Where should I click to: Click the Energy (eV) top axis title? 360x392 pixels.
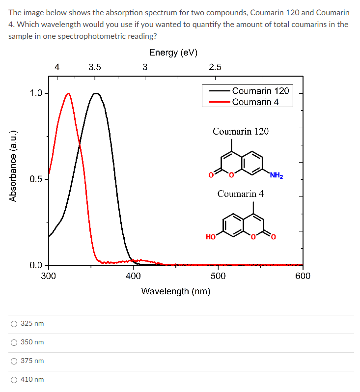[173, 53]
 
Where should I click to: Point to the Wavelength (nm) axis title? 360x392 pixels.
[176, 291]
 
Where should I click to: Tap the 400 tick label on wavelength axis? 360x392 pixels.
[133, 276]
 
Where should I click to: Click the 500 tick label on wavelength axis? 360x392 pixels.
[218, 276]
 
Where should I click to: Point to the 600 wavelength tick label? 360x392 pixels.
[303, 276]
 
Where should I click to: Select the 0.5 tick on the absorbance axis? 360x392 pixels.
[35, 179]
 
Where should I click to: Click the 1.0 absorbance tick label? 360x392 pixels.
[35, 93]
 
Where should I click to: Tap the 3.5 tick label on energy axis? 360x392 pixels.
[95, 67]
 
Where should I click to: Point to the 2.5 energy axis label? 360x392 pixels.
[215, 67]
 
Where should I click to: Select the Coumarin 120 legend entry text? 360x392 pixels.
[260, 91]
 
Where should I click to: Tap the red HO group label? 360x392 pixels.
[211, 237]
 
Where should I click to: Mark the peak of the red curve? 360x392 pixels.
[68, 93]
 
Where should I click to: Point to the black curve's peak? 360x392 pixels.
[96, 93]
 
